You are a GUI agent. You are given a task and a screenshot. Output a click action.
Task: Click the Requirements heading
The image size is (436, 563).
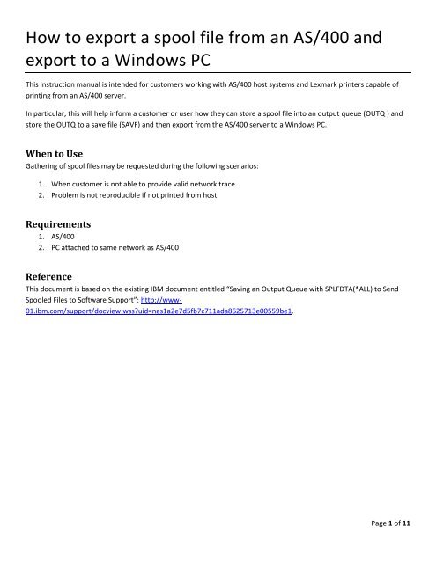click(59, 223)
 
